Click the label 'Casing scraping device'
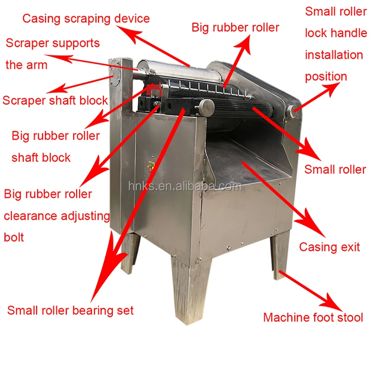86,19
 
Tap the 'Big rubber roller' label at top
235,27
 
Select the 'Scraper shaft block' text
55,100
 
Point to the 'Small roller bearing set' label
70,311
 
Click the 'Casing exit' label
329,247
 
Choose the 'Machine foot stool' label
313,317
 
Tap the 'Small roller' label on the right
335,170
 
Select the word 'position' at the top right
325,77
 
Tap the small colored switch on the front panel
151,167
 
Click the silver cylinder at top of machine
178,75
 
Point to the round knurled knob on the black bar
207,105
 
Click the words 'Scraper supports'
53,43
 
